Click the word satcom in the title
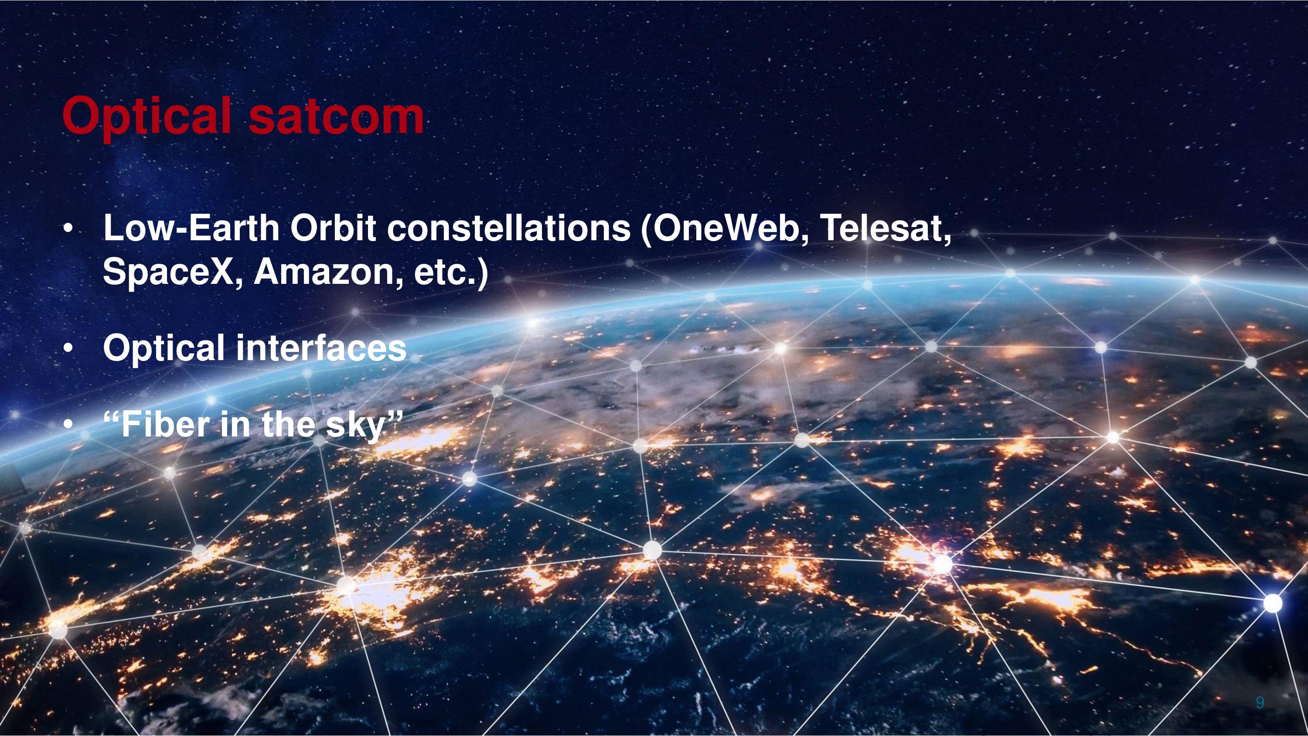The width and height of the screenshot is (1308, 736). click(336, 118)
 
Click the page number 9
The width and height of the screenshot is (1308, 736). click(1260, 702)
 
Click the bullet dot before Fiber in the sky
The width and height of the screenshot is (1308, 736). click(68, 426)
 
